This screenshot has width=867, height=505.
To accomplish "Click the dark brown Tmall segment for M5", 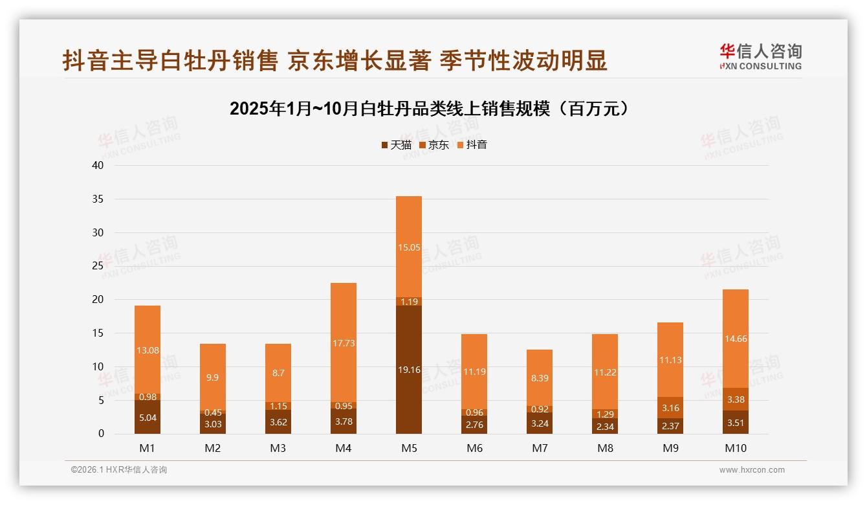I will click(x=408, y=370).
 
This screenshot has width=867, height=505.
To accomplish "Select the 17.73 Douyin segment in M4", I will click(x=343, y=342).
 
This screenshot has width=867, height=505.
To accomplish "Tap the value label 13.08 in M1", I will click(x=148, y=350).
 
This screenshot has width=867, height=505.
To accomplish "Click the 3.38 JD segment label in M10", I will click(x=735, y=399).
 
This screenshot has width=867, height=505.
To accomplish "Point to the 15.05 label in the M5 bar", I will click(x=408, y=247).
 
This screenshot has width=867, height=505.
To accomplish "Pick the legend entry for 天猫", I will click(x=396, y=145).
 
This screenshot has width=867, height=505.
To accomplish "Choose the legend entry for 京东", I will click(x=433, y=145).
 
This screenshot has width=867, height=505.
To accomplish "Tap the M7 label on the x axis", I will click(x=539, y=448).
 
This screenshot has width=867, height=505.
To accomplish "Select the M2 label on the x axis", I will click(x=212, y=448).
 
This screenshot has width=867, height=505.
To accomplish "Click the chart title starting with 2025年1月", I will click(x=429, y=109).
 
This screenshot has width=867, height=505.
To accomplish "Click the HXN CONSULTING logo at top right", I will click(x=760, y=57).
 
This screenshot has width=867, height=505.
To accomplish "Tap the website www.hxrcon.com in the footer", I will click(x=751, y=470).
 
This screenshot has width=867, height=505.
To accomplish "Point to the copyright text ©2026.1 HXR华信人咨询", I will click(x=119, y=470).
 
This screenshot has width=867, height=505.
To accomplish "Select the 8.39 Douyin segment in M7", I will click(x=539, y=378).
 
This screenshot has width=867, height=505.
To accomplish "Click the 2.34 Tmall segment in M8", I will click(x=604, y=426).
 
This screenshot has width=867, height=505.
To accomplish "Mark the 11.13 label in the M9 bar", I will click(x=670, y=360).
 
